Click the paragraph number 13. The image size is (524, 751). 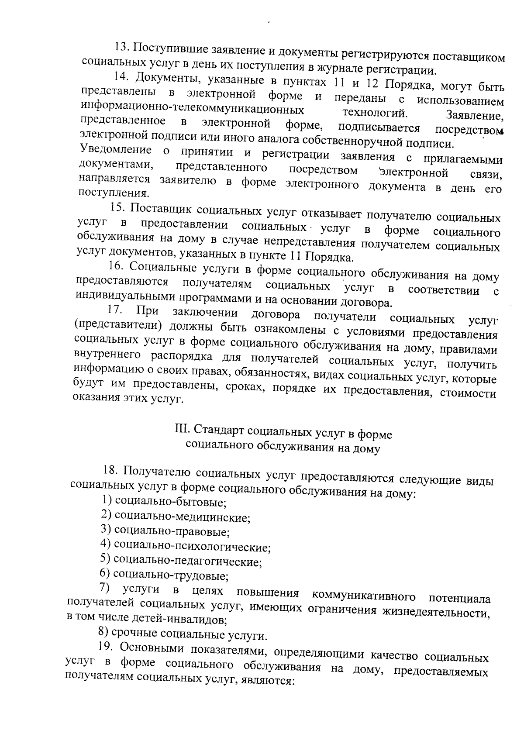point(120,47)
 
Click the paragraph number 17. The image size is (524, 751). point(114,311)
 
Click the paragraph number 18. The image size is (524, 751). point(111,471)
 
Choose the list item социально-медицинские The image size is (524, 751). point(176,517)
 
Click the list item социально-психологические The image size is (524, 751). point(186,546)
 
